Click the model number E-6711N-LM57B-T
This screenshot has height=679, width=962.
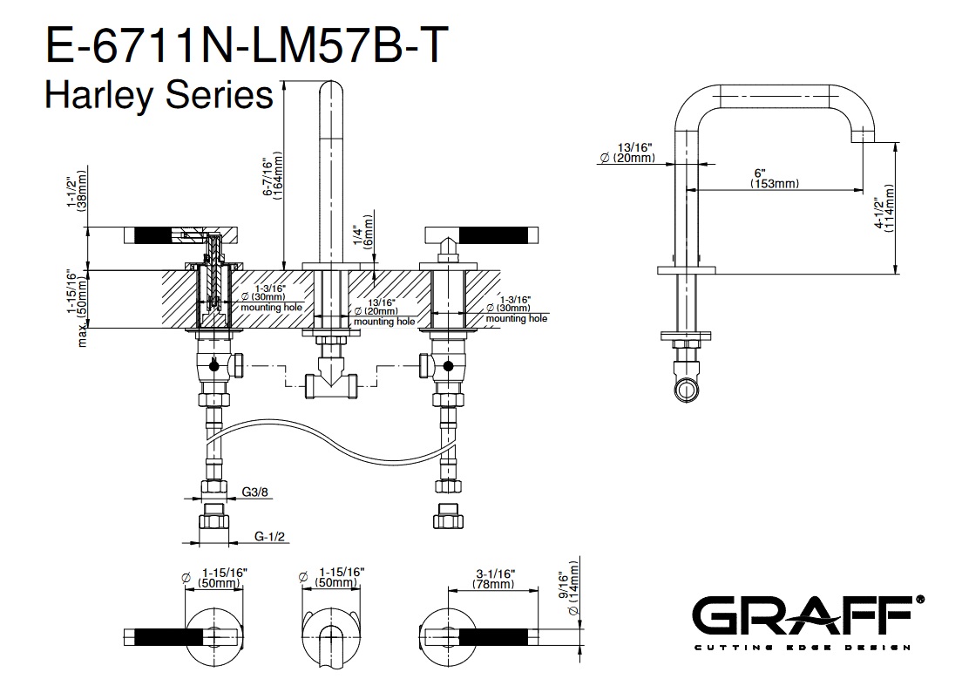pos(248,44)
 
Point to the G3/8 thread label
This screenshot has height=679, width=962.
pos(255,492)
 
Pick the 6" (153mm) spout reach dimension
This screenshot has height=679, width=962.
pos(774,178)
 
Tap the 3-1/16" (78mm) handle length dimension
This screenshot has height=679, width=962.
pos(495,579)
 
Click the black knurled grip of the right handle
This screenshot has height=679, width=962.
pos(494,234)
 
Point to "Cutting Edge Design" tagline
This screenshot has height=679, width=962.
pos(801,648)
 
